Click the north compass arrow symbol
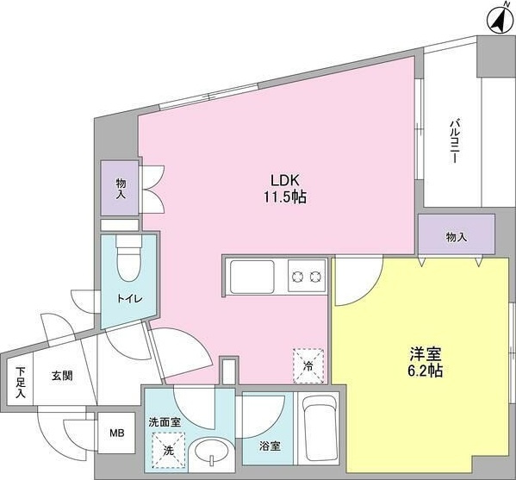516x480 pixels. click(x=499, y=20)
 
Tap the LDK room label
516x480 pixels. click(x=284, y=180)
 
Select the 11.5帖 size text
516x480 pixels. click(x=284, y=196)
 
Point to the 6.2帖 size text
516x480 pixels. click(x=426, y=371)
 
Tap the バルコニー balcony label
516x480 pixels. click(x=455, y=141)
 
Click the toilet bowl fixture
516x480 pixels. click(x=129, y=259)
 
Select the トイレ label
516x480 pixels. click(x=130, y=299)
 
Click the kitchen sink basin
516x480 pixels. click(x=252, y=277)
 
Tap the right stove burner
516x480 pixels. click(x=315, y=277)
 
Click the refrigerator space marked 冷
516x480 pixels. click(x=308, y=365)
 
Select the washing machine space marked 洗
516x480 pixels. click(x=169, y=451)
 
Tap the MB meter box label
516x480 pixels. click(x=117, y=433)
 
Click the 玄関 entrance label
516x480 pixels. click(x=62, y=376)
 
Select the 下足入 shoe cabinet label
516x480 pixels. click(x=21, y=383)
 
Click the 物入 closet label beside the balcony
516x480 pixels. click(x=457, y=237)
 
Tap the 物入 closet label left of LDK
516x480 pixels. click(x=121, y=189)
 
